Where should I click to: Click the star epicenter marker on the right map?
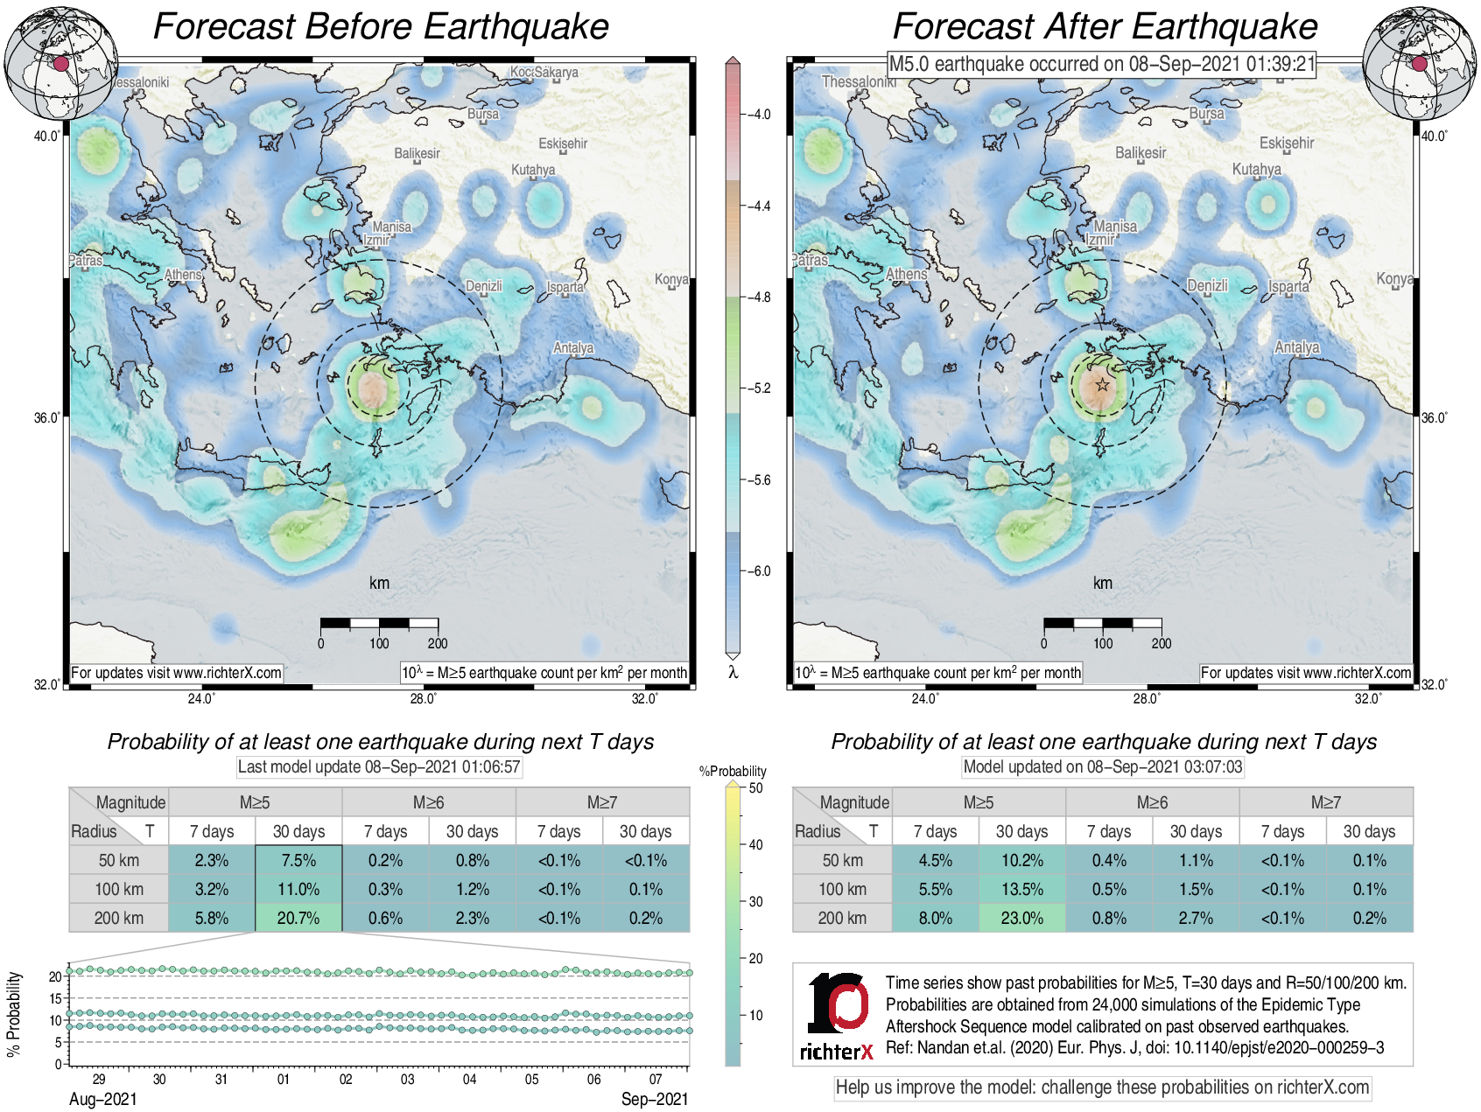pyautogui.click(x=1102, y=385)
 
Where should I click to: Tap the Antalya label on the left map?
pyautogui.click(x=573, y=348)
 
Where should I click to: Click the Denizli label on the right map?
pyautogui.click(x=1207, y=286)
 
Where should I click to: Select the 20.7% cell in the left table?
pyautogui.click(x=298, y=918)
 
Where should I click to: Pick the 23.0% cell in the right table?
pyautogui.click(x=1021, y=918)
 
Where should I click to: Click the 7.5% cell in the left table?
pyautogui.click(x=298, y=860)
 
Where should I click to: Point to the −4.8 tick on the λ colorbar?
pyautogui.click(x=758, y=297)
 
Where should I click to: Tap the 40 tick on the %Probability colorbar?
pyautogui.click(x=755, y=844)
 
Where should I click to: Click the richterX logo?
pyautogui.click(x=837, y=1015)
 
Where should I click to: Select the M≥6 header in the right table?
pyautogui.click(x=1152, y=802)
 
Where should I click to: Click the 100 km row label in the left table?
pyautogui.click(x=119, y=889)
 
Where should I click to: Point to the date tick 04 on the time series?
pyautogui.click(x=470, y=1079)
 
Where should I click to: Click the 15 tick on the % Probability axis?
pyautogui.click(x=56, y=998)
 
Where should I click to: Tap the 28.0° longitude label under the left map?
pyautogui.click(x=424, y=698)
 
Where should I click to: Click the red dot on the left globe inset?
pyautogui.click(x=60, y=64)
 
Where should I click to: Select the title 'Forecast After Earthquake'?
pyautogui.click(x=1105, y=26)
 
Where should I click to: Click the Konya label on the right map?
pyautogui.click(x=1393, y=278)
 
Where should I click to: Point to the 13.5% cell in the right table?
pyautogui.click(x=1021, y=889)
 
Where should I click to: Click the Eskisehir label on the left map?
pyautogui.click(x=563, y=143)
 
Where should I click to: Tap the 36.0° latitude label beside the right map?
pyautogui.click(x=1434, y=418)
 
